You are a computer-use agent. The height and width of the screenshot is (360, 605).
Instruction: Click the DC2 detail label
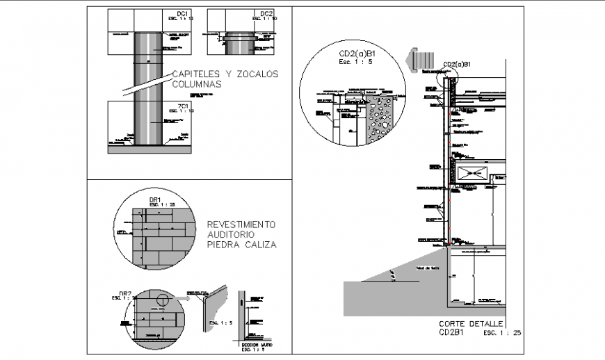pyautogui.click(x=267, y=14)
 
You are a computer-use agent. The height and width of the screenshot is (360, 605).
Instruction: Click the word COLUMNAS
pyautogui.click(x=196, y=84)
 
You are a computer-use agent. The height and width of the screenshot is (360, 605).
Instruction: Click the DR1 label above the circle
pyautogui.click(x=156, y=199)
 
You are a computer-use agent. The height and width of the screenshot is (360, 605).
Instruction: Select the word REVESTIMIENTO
pyautogui.click(x=241, y=224)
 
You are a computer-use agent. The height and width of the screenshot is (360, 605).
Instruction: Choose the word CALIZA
pyautogui.click(x=259, y=245)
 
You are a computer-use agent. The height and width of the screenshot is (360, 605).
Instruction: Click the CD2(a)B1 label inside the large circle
pyautogui.click(x=356, y=54)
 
